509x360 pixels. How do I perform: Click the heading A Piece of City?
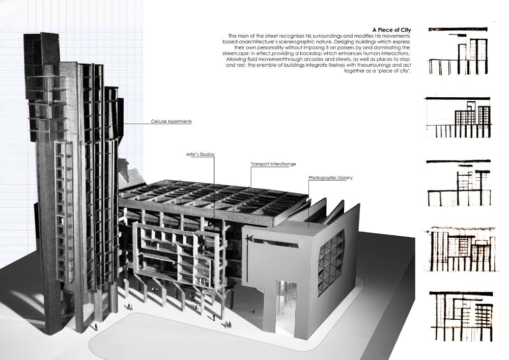pyautogui.click(x=391, y=30)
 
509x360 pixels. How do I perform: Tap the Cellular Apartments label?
pyautogui.click(x=171, y=121)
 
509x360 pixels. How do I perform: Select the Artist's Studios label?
pyautogui.click(x=200, y=154)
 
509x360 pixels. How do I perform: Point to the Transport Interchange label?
pyautogui.click(x=273, y=164)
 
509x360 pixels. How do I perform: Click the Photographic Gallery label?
pyautogui.click(x=330, y=178)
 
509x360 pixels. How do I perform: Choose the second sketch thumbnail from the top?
pyautogui.click(x=459, y=117)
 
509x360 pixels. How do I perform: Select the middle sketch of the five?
pyautogui.click(x=458, y=183)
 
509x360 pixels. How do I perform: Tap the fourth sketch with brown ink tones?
pyautogui.click(x=460, y=250)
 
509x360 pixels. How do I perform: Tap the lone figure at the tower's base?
pyautogui.click(x=96, y=326)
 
